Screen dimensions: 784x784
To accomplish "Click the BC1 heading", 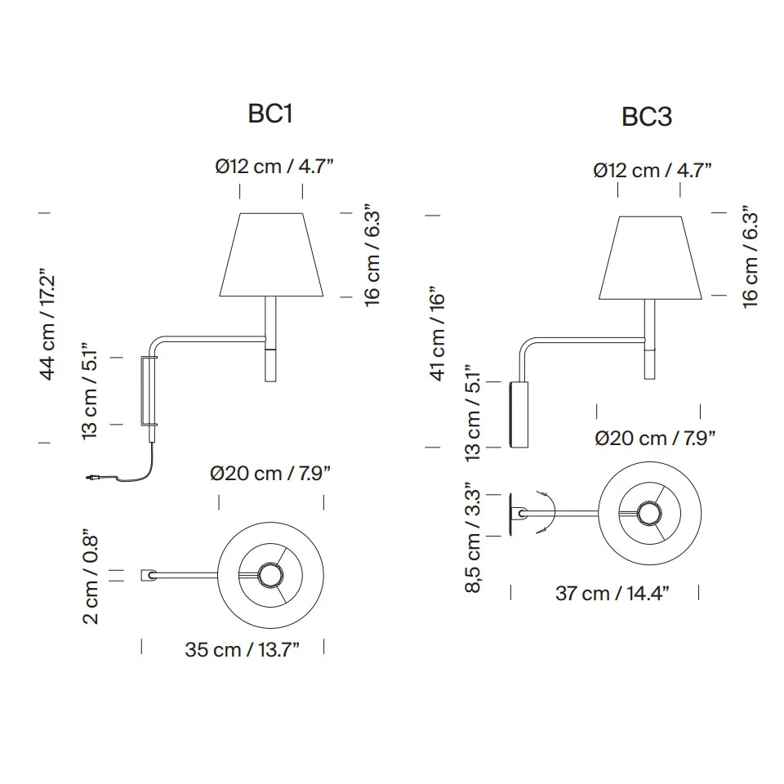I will click(x=269, y=114).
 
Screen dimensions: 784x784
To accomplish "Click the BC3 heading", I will click(x=647, y=118).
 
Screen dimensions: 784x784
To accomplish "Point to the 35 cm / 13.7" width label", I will click(x=242, y=650).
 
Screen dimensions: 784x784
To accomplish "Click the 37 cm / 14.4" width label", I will click(x=612, y=594).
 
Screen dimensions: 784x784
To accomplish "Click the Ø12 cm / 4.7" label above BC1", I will click(x=274, y=167).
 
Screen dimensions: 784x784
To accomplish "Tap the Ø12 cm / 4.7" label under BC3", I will click(x=653, y=171).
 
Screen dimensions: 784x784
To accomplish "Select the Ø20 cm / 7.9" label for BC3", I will click(x=656, y=439).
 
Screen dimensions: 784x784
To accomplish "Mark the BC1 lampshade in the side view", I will click(x=271, y=255).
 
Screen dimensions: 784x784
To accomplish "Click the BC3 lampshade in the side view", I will click(x=651, y=258).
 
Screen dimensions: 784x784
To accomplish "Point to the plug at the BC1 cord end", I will click(x=94, y=476).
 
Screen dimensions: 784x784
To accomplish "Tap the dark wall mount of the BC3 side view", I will click(x=519, y=414).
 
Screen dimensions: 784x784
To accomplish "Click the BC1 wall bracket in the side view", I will click(x=149, y=390).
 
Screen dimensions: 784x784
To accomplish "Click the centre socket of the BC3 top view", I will click(x=650, y=514).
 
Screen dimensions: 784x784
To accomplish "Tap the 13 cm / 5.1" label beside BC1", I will click(x=91, y=391).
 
